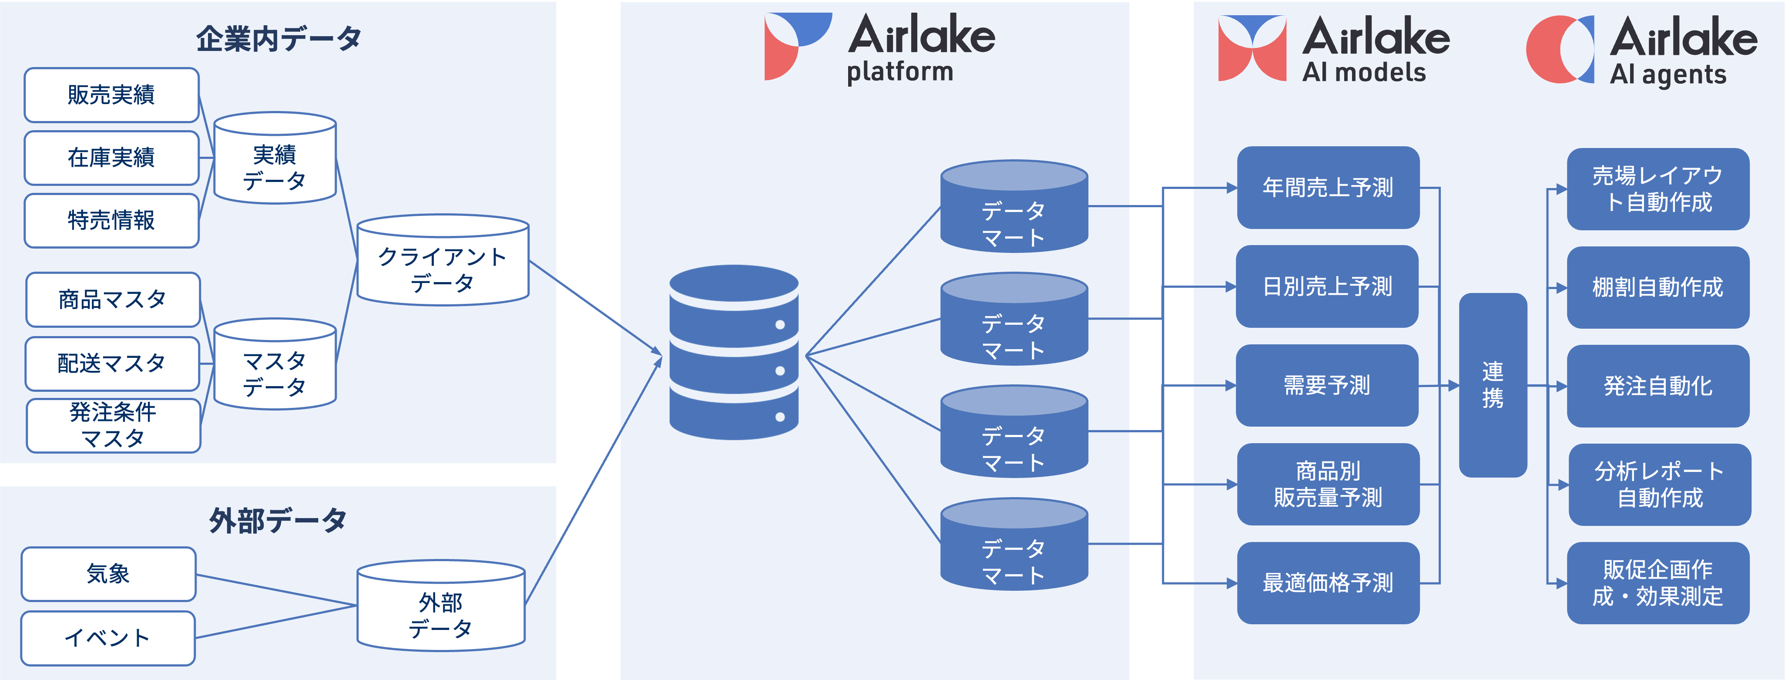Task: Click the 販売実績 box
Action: tap(111, 95)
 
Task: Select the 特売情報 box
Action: tap(111, 220)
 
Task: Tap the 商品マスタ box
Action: tap(113, 300)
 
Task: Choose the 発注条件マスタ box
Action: tap(113, 425)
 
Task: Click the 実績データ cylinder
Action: tap(275, 166)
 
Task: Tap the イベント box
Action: tap(107, 638)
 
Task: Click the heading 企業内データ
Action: tap(278, 39)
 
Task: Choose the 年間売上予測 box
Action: tap(1328, 187)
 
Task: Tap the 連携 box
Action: tap(1493, 385)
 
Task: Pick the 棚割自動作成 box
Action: tap(1657, 287)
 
